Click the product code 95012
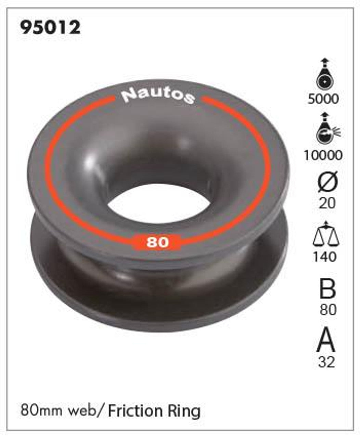(x=50, y=27)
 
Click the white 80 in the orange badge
(x=158, y=242)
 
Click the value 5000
(x=323, y=99)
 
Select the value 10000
(x=323, y=156)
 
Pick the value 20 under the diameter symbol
(x=327, y=204)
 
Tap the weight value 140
(x=325, y=257)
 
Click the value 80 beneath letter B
(x=328, y=310)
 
